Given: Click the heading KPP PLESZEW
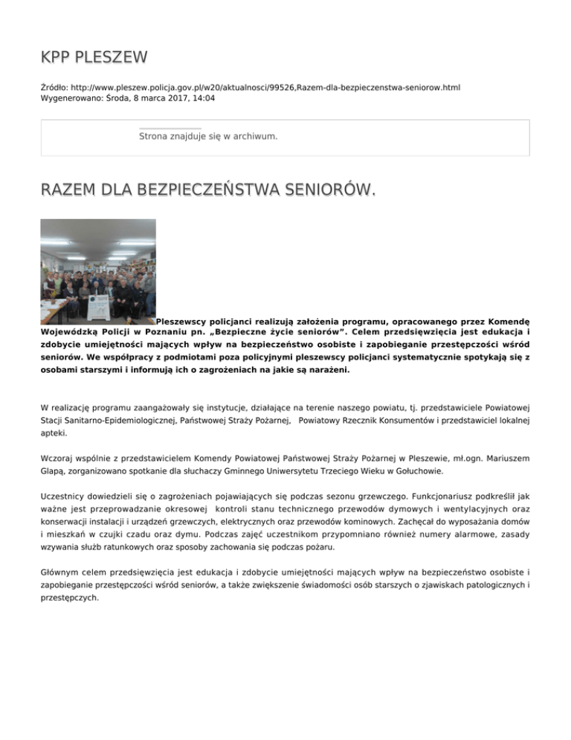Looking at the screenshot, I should [x=94, y=57].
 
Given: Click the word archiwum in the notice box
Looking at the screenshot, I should [x=253, y=137].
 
